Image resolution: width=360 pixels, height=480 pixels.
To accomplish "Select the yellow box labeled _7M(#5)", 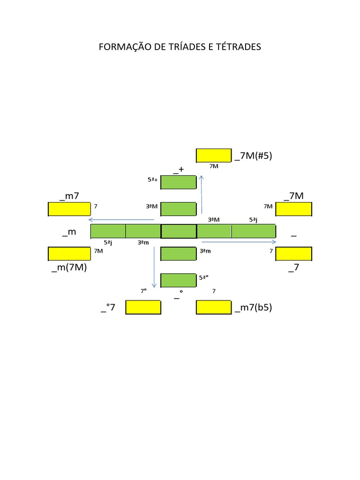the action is [x=214, y=156].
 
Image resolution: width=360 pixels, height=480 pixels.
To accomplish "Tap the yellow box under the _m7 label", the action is [x=69, y=209].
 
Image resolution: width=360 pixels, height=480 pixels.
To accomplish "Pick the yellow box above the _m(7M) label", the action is [x=69, y=254].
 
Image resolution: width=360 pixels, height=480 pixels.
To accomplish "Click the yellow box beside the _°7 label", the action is [x=143, y=307].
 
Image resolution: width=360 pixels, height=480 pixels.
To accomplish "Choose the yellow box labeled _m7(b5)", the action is [x=214, y=307].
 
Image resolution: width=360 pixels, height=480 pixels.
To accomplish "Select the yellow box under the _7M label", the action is [x=293, y=209].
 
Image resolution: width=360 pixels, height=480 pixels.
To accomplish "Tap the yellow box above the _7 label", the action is [x=293, y=254].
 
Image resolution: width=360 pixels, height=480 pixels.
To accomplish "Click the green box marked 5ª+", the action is [x=179, y=182].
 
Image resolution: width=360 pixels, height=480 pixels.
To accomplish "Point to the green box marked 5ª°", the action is [x=179, y=280].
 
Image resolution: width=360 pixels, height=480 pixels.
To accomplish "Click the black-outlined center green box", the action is [x=179, y=232].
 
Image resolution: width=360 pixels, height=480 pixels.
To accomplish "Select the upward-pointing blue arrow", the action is [x=202, y=195].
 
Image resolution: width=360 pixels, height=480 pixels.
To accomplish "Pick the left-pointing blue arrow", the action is [x=121, y=219].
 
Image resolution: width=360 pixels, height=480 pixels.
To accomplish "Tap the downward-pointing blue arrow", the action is [x=154, y=267].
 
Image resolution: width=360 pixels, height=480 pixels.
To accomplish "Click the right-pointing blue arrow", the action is [x=239, y=242].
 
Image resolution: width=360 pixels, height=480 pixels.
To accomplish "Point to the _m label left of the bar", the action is [x=69, y=232].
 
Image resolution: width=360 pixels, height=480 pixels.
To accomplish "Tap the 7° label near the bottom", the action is [x=143, y=291].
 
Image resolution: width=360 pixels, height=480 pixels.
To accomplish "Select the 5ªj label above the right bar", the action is [x=253, y=220].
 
